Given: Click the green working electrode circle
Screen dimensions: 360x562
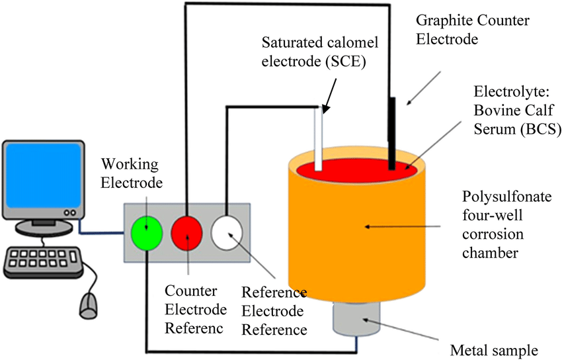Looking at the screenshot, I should coord(145,232).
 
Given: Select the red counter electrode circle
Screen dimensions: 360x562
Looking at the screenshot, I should coord(188,232).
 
